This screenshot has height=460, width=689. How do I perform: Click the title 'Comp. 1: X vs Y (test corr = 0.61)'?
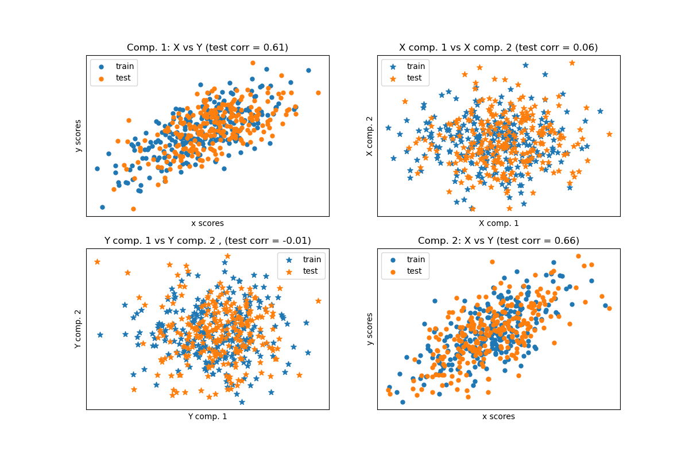[x=207, y=48]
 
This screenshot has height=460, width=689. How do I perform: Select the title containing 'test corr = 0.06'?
[x=498, y=48]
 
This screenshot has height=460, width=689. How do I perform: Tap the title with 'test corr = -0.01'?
[x=207, y=241]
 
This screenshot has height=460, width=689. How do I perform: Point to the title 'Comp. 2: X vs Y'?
[x=498, y=241]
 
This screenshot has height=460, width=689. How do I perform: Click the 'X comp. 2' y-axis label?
[x=370, y=136]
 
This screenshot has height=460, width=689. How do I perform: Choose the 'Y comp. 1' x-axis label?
[x=207, y=416]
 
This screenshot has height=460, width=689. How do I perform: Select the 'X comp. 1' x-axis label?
[x=498, y=223]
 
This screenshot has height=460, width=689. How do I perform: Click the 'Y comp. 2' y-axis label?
[x=78, y=329]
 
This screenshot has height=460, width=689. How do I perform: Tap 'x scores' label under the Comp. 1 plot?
[x=207, y=223]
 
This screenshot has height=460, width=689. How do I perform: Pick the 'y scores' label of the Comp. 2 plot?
[x=370, y=329]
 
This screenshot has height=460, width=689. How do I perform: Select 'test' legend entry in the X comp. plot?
[x=414, y=78]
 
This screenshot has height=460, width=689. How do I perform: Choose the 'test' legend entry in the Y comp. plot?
[x=310, y=271]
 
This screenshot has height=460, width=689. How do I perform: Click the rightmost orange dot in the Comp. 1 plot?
[x=318, y=93]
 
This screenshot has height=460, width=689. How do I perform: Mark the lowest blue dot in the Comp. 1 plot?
[x=102, y=207]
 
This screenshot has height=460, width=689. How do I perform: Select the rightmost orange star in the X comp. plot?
[x=609, y=134]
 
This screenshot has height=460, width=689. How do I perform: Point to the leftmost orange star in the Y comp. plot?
[x=97, y=262]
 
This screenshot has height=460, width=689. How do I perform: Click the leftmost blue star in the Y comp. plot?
[x=100, y=335]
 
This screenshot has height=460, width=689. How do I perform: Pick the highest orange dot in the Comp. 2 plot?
[x=578, y=256]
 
